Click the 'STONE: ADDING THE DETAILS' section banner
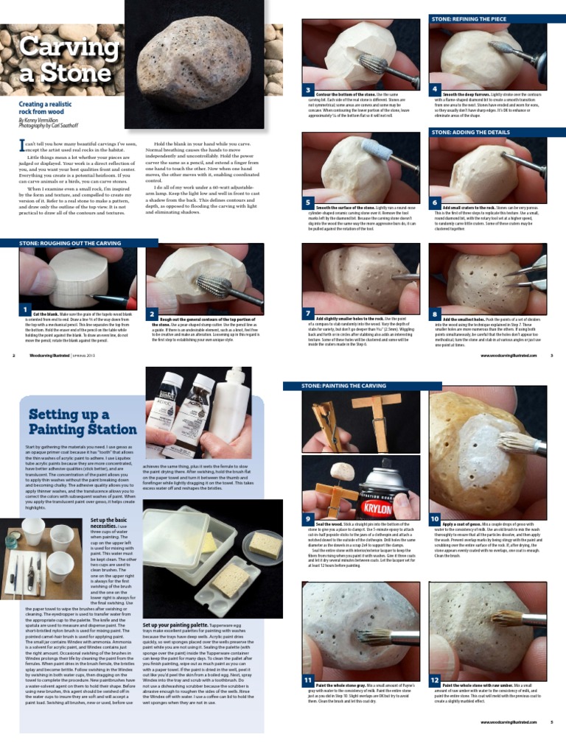click(471, 133)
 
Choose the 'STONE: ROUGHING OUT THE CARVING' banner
click(70, 242)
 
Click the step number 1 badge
click(25, 309)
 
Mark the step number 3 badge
click(309, 89)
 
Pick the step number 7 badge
click(309, 312)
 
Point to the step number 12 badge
click(435, 679)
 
